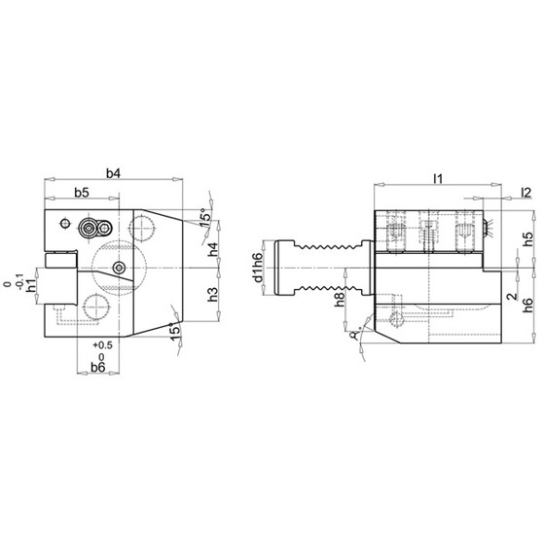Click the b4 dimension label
pyautogui.click(x=113, y=173)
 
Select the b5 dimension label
pyautogui.click(x=82, y=193)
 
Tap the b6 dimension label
pyautogui.click(x=98, y=367)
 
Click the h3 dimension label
pyautogui.click(x=214, y=294)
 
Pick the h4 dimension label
pyautogui.click(x=214, y=249)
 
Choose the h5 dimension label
pyautogui.click(x=528, y=239)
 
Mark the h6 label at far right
pyautogui.click(x=528, y=306)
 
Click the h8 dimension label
pyautogui.click(x=340, y=299)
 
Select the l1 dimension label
pyautogui.click(x=438, y=179)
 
